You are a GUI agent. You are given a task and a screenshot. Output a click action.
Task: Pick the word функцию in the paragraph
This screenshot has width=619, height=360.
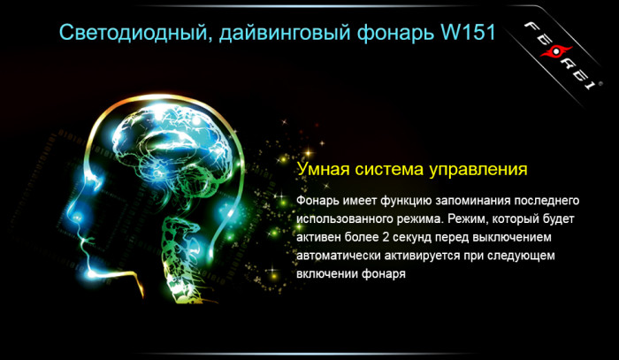pos(403,197)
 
